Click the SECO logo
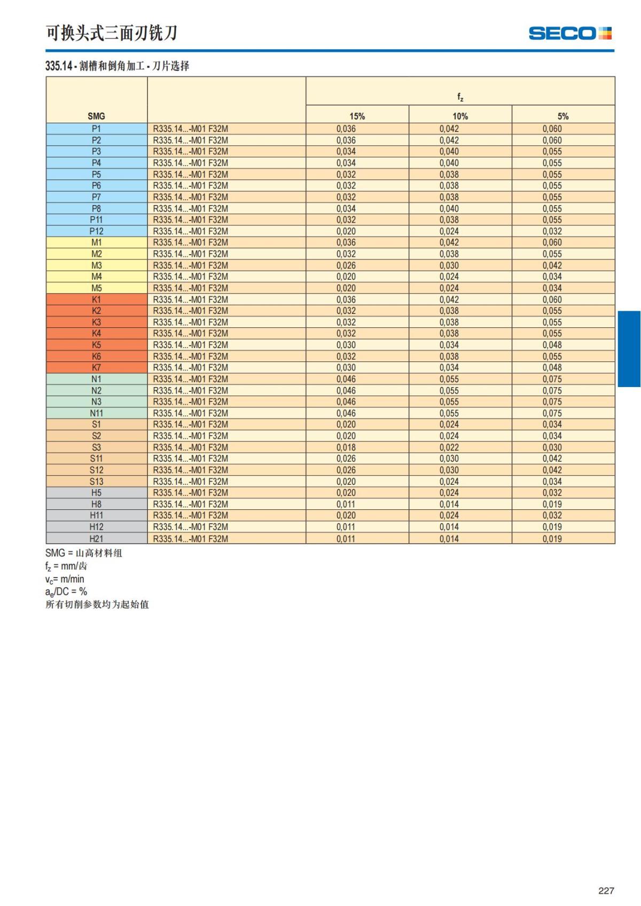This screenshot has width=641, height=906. coord(570,33)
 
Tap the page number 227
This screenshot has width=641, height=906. coord(606,891)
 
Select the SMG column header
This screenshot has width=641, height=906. coord(96,116)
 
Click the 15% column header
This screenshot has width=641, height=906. coord(357,116)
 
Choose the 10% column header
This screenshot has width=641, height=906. coord(460,116)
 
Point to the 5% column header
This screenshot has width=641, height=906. coord(563,116)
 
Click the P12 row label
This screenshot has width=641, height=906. coord(96,231)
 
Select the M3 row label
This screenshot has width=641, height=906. coord(96,265)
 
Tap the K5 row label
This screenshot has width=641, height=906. coord(96,345)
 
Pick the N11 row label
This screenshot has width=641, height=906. coord(96,413)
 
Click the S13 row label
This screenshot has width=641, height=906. coord(96,482)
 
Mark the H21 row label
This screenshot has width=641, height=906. coord(96,539)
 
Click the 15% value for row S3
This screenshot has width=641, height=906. coord(346,447)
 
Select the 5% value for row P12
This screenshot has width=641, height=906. coord(552,231)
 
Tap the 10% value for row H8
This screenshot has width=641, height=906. coord(449,504)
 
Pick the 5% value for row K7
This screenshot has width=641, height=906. coord(552,367)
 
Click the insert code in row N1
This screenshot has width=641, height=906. coord(190,379)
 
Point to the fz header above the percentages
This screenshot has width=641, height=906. coord(460,97)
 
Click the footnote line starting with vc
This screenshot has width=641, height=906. coord(65,579)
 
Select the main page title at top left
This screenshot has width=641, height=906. coord(111,33)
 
